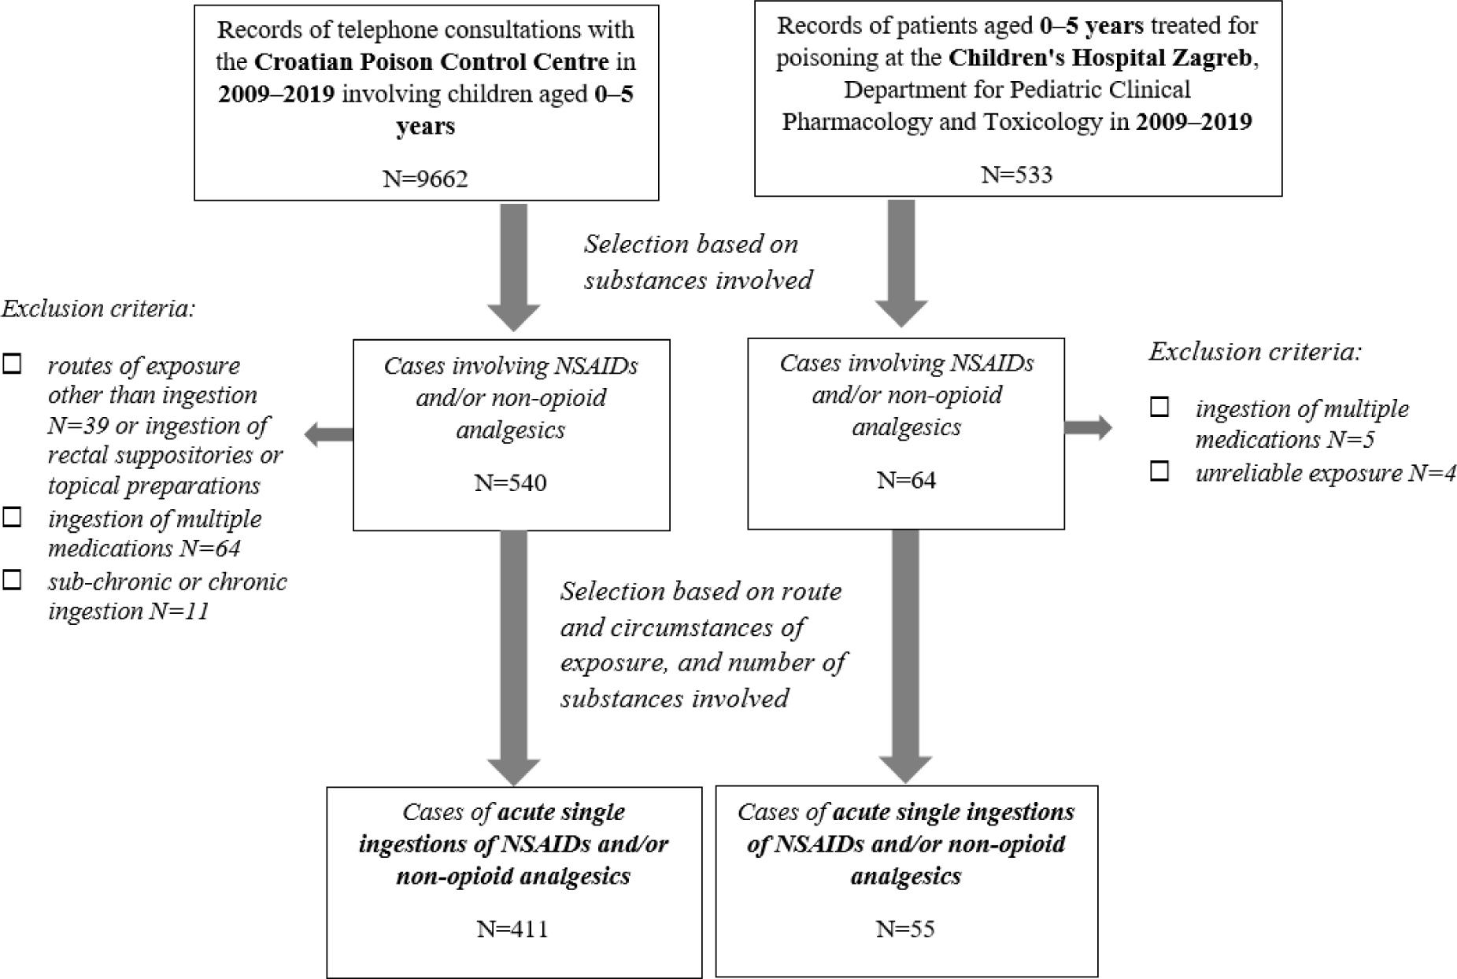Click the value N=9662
tap(425, 179)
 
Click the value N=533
tap(1016, 174)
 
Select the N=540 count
tap(510, 482)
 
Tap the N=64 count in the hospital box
tap(906, 479)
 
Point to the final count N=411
tap(512, 929)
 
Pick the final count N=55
tap(905, 929)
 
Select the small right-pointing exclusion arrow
tap(1088, 427)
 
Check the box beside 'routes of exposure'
tap(13, 364)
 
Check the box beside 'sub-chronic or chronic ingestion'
tap(13, 580)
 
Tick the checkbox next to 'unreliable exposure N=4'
tap(1159, 471)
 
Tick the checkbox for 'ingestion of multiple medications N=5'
tap(1159, 407)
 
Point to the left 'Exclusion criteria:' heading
tap(98, 308)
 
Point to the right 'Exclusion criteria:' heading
tap(1255, 351)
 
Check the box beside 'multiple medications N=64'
tap(13, 517)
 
